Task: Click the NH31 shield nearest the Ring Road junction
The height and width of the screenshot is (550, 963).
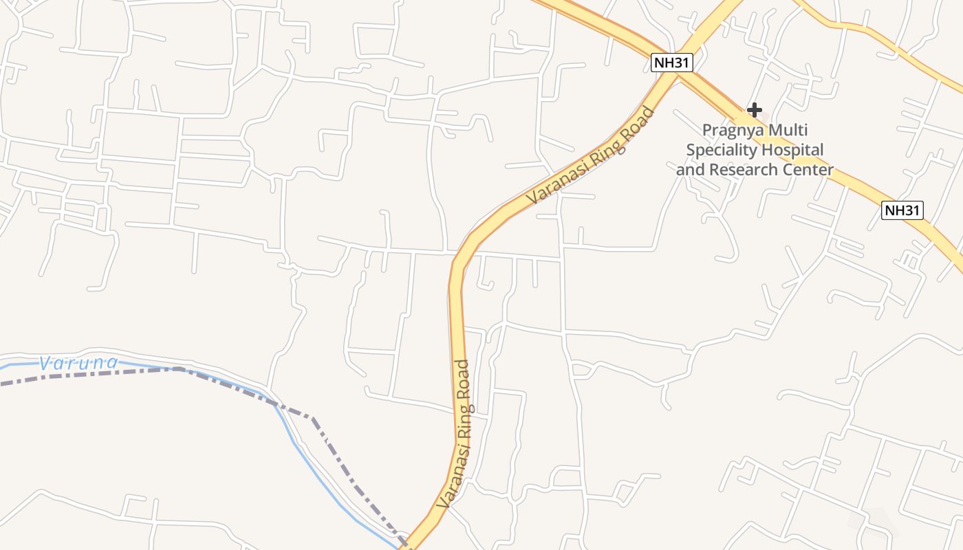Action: click(x=671, y=63)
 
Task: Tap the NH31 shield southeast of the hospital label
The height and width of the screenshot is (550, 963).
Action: click(x=902, y=210)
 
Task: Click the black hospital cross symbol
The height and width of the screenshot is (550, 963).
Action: click(x=755, y=109)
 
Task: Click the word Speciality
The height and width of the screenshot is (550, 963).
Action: click(x=720, y=150)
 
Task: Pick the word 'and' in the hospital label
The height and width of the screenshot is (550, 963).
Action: click(x=690, y=169)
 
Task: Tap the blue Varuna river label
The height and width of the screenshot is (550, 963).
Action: click(x=78, y=362)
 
